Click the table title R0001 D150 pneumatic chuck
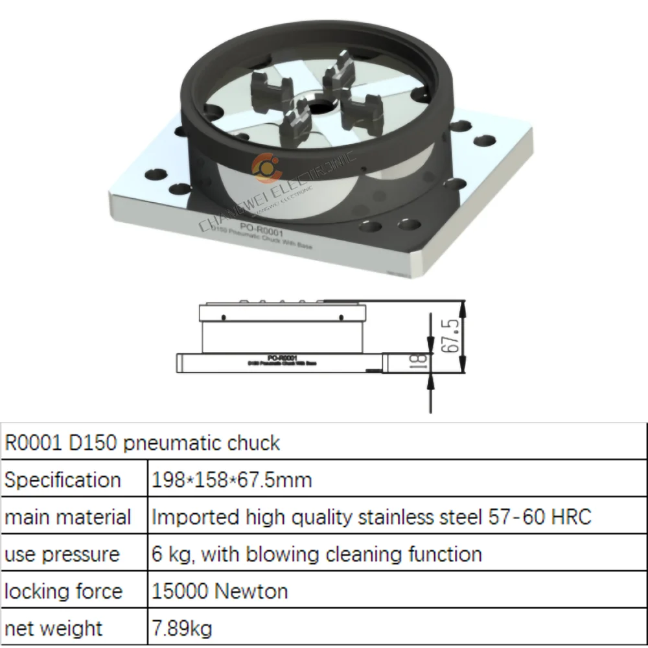pyautogui.click(x=143, y=443)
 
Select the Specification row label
pyautogui.click(x=63, y=480)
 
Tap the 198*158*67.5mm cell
pyautogui.click(x=231, y=480)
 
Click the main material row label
pyautogui.click(x=67, y=518)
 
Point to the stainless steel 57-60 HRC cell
pyautogui.click(x=371, y=518)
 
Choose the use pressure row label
pyautogui.click(x=62, y=555)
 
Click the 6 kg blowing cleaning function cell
pyautogui.click(x=316, y=555)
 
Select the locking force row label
pyautogui.click(x=64, y=592)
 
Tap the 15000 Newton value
pyautogui.click(x=220, y=592)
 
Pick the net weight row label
pyautogui.click(x=54, y=629)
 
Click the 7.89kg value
pyautogui.click(x=181, y=629)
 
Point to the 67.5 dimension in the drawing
pyautogui.click(x=454, y=335)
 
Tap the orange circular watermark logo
pyautogui.click(x=266, y=167)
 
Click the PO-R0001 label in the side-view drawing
pyautogui.click(x=282, y=357)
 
